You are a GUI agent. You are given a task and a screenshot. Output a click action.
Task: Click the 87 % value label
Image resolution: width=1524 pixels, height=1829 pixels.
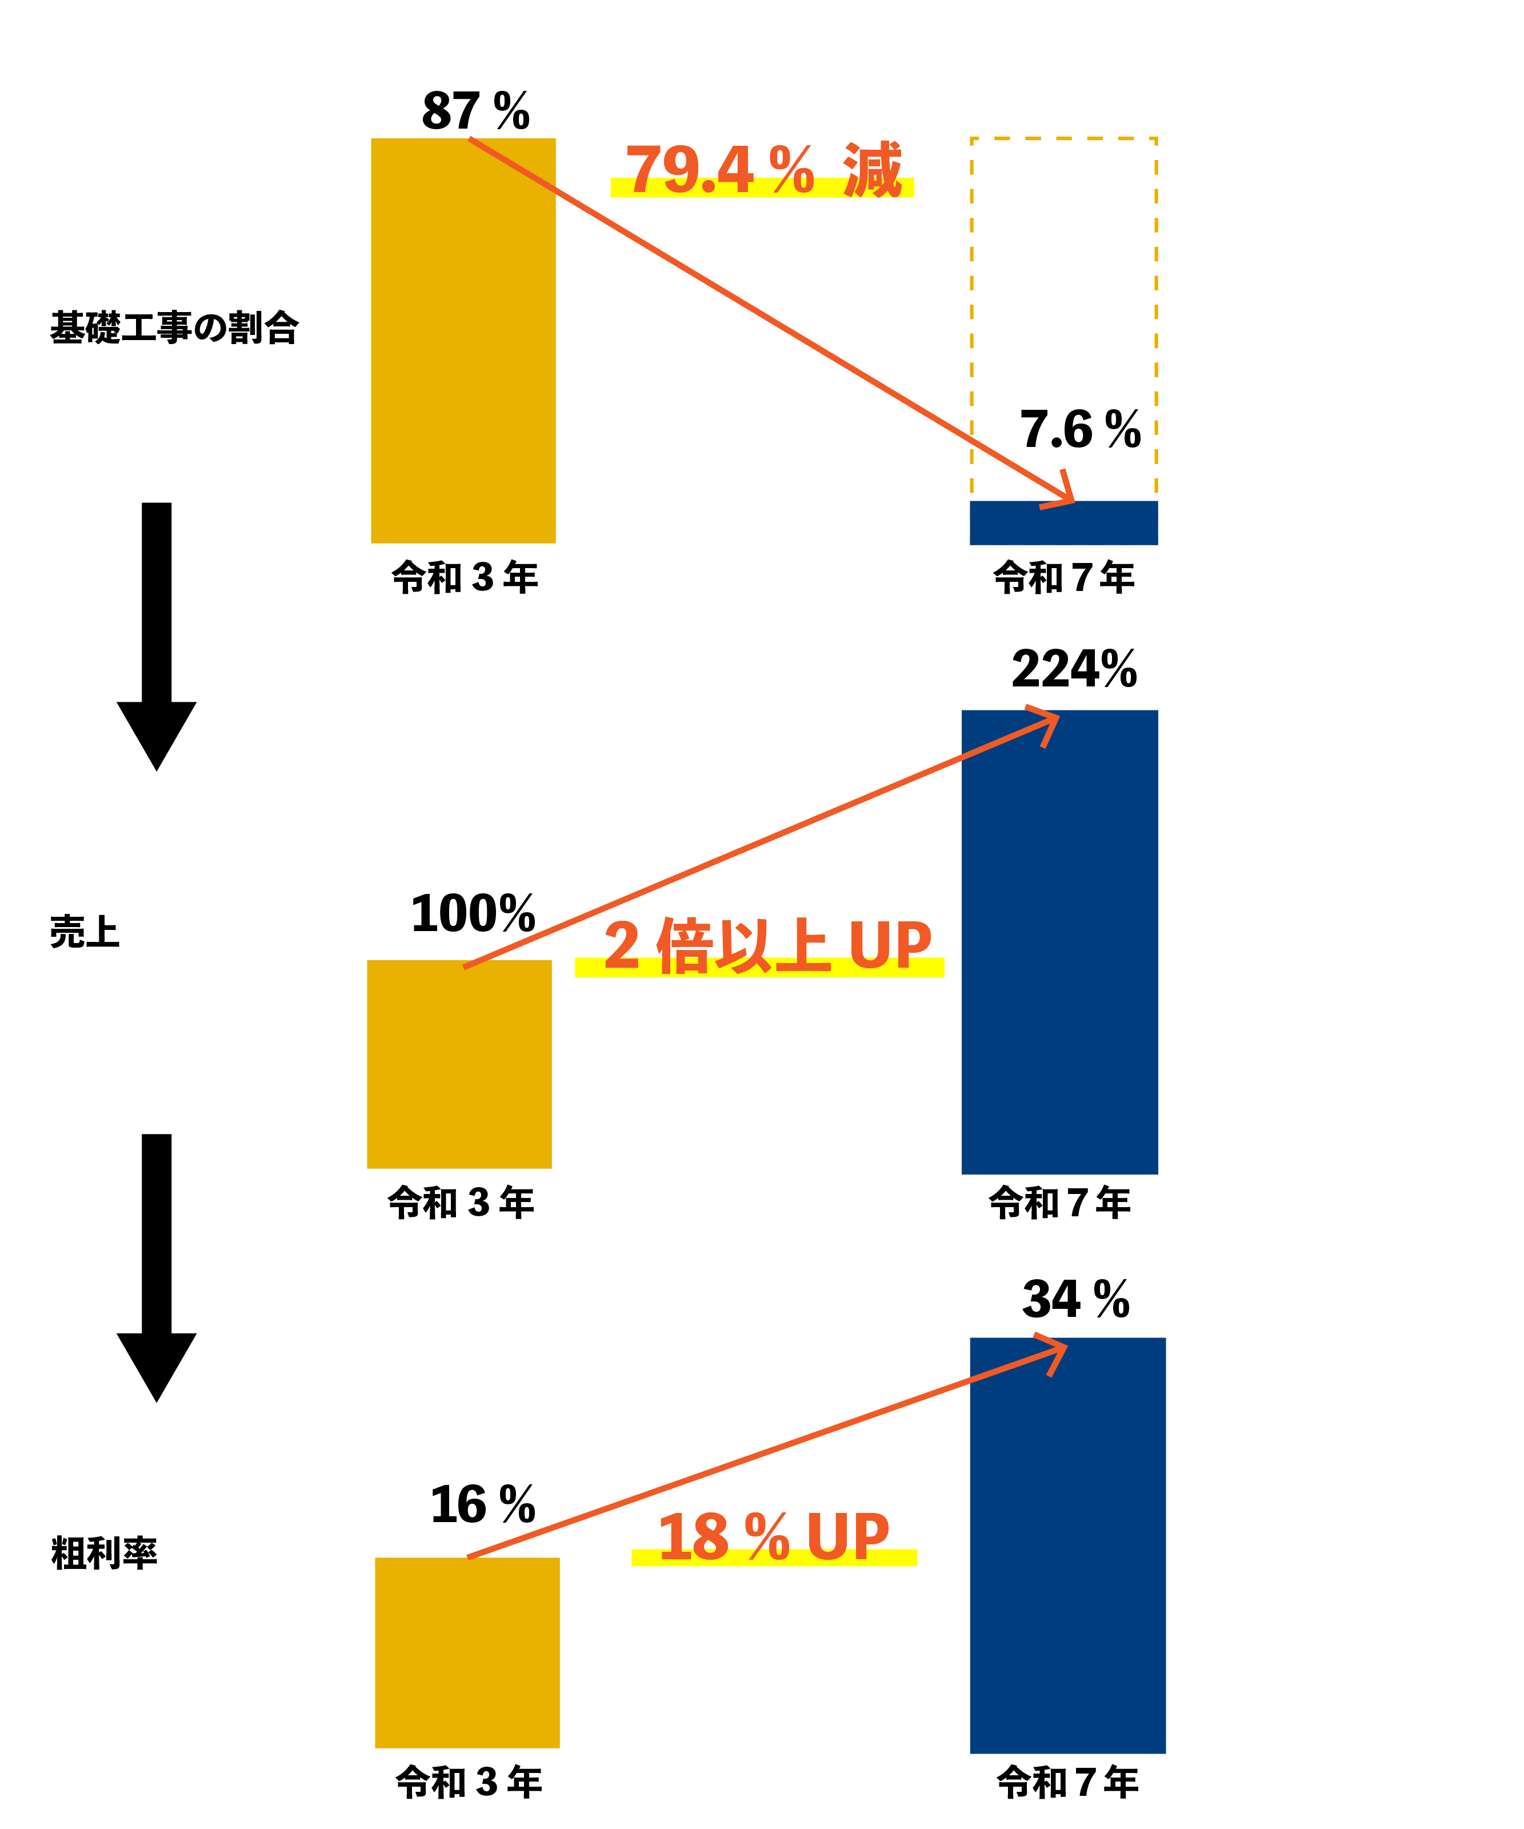click(x=475, y=111)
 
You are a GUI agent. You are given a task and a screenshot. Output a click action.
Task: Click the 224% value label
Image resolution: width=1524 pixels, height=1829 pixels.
click(x=1074, y=669)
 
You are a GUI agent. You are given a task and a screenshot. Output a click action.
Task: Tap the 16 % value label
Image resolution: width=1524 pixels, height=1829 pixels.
click(x=482, y=1505)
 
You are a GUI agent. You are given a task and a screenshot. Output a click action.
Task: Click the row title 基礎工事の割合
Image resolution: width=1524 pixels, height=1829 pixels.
click(x=174, y=328)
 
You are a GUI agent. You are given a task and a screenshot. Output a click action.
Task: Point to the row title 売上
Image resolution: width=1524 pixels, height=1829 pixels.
click(x=85, y=932)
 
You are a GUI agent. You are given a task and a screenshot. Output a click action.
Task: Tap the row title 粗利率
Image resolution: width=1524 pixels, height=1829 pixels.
click(x=103, y=1553)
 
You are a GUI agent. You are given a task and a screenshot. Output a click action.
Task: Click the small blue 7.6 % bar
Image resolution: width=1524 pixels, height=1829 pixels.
click(x=1063, y=522)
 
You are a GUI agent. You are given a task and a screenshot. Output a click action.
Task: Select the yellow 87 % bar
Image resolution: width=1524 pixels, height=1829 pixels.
click(x=463, y=341)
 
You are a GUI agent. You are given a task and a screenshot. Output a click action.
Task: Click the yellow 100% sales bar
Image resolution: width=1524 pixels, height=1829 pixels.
click(x=459, y=1064)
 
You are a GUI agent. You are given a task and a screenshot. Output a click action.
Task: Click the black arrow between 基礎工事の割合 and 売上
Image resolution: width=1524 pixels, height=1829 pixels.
click(x=157, y=636)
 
